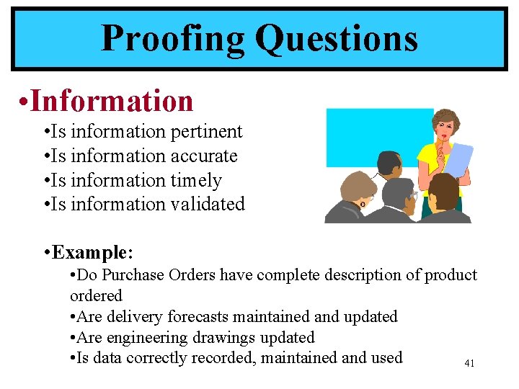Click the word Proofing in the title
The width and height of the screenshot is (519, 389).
174,39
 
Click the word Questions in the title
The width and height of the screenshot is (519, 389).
337,39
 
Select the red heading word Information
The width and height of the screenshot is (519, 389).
112,101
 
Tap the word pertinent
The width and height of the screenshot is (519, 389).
207,132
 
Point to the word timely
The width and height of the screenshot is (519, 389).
196,181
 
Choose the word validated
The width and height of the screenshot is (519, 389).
208,205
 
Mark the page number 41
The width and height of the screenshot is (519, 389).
469,364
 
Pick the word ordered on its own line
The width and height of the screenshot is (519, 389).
96,296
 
